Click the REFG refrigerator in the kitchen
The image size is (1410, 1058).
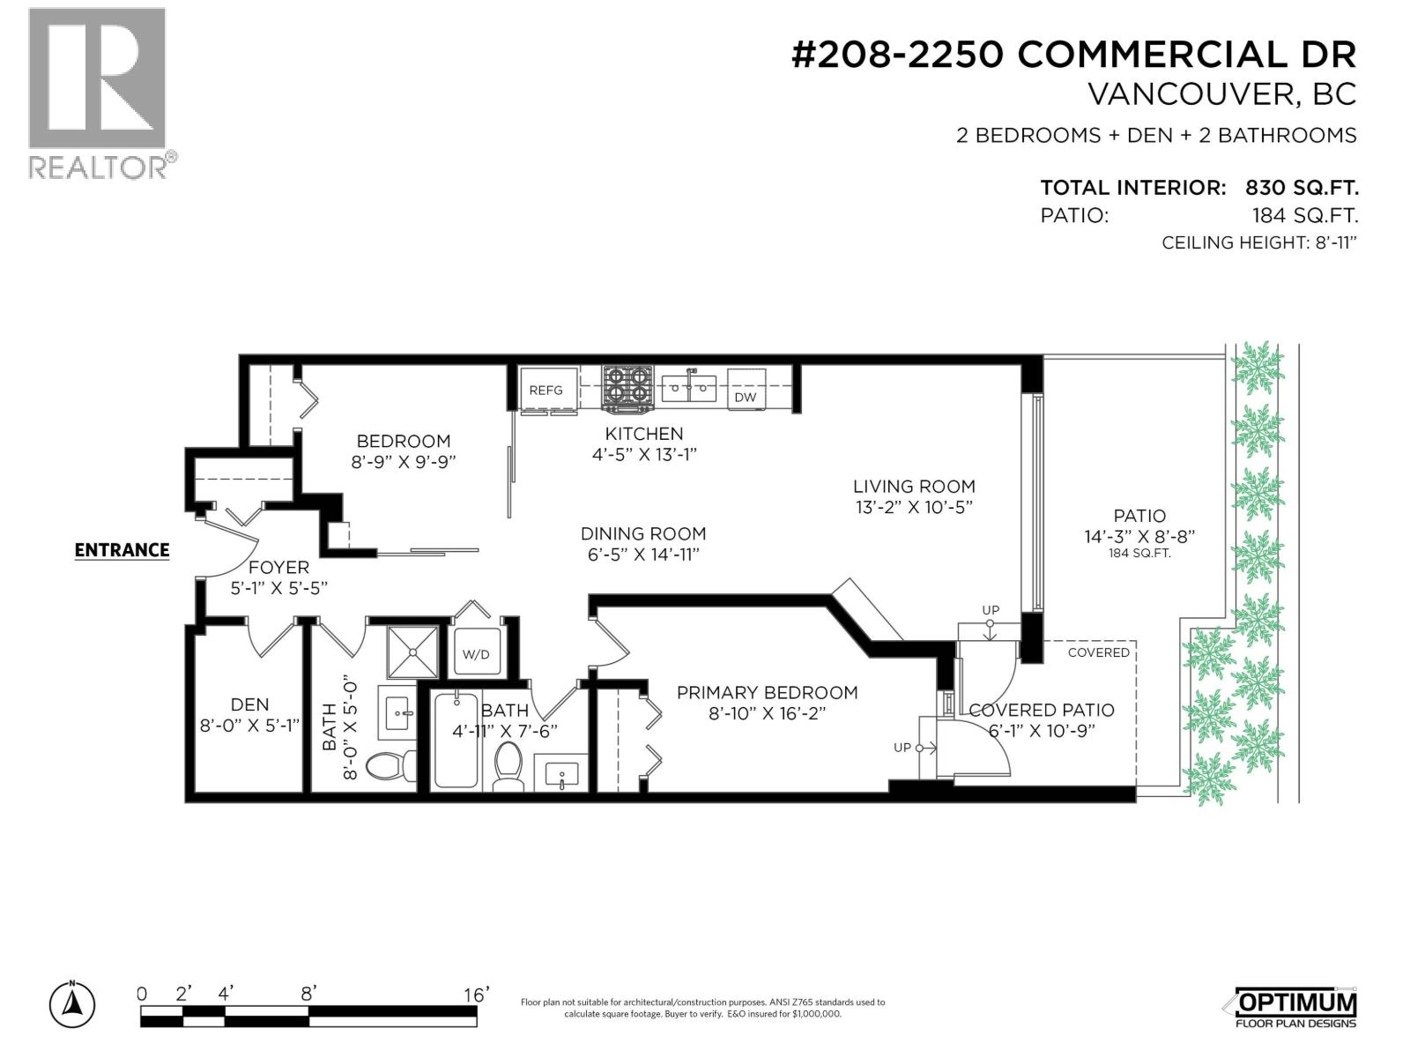point(546,389)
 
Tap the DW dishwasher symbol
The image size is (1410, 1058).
point(746,397)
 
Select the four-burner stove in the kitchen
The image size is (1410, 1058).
point(627,388)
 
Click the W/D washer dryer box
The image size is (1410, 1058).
point(477,654)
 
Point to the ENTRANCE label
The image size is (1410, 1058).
point(122,550)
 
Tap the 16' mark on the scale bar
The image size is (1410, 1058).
point(476,995)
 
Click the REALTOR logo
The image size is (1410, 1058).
point(97,93)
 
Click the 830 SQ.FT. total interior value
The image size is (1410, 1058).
point(1301,188)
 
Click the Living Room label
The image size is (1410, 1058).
point(914,486)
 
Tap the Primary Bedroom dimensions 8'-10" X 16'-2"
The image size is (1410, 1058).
point(768,714)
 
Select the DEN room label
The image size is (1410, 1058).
point(249,704)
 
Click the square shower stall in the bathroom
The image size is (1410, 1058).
point(412,652)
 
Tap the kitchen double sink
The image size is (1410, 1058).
point(690,386)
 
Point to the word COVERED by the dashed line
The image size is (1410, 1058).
point(1098,652)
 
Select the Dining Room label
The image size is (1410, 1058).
point(643,533)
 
